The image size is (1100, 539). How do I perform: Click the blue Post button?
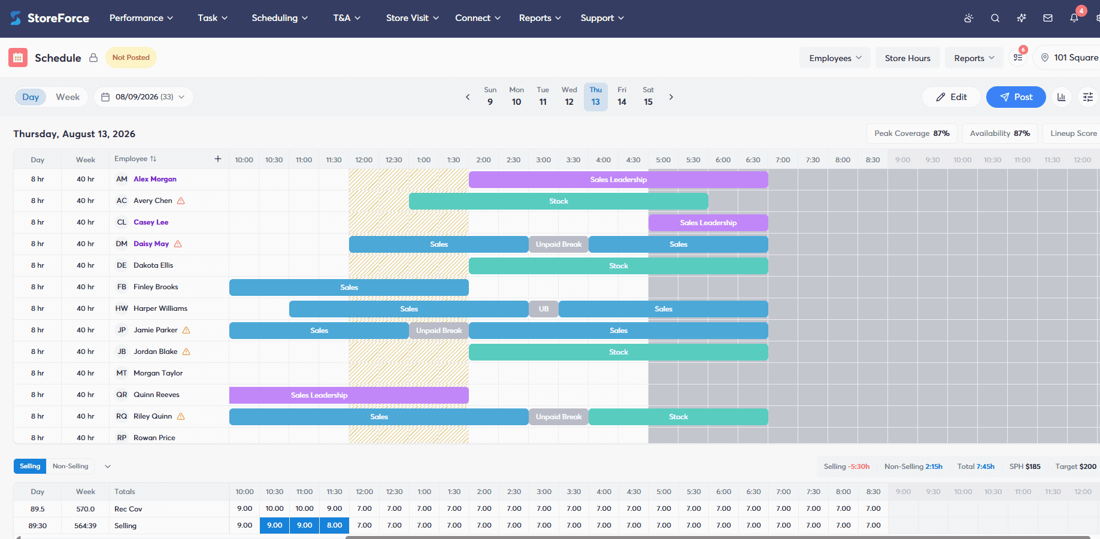tap(1016, 97)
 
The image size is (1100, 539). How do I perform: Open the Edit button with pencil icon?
tap(951, 97)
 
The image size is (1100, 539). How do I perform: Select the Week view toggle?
tap(68, 97)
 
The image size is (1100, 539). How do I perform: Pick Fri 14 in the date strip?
tap(622, 96)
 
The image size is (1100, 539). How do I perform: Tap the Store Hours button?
tap(907, 58)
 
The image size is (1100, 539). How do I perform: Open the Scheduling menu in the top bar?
tap(280, 18)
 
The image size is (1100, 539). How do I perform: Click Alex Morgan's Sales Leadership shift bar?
tap(618, 180)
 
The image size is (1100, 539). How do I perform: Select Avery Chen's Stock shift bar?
tap(558, 201)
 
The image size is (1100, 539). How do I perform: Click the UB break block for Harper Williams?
tap(543, 309)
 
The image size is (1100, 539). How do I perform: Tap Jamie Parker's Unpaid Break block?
tap(438, 331)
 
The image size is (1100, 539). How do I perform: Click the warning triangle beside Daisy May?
tap(178, 244)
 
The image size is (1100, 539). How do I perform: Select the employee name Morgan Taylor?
tap(158, 373)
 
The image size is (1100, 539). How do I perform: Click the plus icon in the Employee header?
tap(218, 159)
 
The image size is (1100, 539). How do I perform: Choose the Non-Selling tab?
tap(70, 466)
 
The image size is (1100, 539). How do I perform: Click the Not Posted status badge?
tap(131, 57)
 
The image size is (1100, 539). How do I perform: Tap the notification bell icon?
tap(1074, 18)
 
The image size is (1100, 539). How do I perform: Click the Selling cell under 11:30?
tap(334, 525)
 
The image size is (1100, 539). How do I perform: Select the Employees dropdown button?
tap(835, 58)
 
